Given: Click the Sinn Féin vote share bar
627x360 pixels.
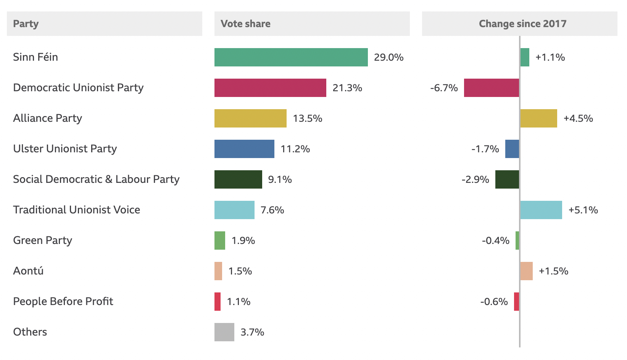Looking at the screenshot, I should (x=291, y=57).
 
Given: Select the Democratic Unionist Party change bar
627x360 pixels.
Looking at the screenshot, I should (x=491, y=88).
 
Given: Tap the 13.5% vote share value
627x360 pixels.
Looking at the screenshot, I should (x=307, y=118).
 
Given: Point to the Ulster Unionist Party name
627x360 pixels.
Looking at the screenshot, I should (x=65, y=149).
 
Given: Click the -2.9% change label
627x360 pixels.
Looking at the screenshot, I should (x=475, y=179).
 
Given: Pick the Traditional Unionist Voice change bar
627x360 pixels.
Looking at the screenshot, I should (x=541, y=210).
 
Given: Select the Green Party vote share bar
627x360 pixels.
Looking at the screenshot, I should (x=220, y=241).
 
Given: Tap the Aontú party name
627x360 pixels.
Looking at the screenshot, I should (x=28, y=271).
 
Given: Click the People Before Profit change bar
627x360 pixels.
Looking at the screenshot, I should (x=516, y=302).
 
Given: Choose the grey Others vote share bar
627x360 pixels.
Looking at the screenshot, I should (x=224, y=332).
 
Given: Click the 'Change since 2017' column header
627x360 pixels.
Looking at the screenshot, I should (x=522, y=24).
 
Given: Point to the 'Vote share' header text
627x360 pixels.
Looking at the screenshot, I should (x=245, y=24).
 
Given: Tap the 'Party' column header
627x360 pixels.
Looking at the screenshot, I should (x=26, y=24).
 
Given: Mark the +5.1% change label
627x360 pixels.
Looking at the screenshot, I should (x=583, y=210).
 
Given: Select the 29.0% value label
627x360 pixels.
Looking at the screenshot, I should (x=388, y=57).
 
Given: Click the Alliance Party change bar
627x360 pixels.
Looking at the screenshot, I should (x=538, y=118).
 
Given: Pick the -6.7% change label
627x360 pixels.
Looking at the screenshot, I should (x=444, y=88).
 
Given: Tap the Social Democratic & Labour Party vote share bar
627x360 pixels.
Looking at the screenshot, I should (x=238, y=179).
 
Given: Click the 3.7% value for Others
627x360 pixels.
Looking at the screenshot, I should (x=252, y=332).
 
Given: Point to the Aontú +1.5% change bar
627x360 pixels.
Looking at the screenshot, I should (x=526, y=271).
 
